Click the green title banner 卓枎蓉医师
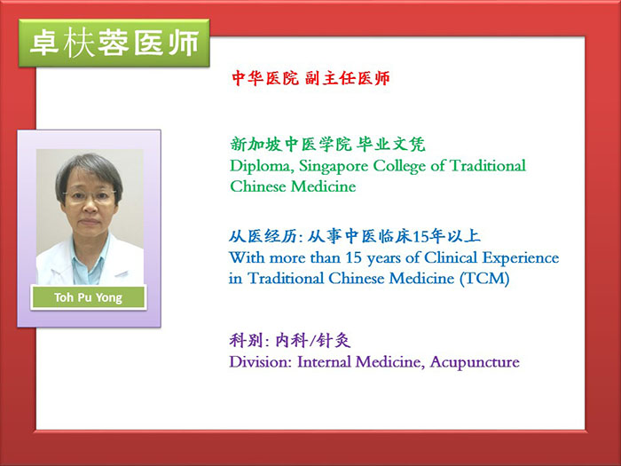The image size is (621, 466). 114,43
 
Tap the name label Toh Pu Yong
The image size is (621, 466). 89,297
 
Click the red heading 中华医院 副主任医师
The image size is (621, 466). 310,78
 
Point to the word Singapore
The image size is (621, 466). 334,167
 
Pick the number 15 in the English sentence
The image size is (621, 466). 354,258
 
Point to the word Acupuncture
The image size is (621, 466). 475,362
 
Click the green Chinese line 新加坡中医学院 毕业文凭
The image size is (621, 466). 328,145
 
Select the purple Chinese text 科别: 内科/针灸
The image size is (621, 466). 290,340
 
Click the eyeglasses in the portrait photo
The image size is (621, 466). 89,194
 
